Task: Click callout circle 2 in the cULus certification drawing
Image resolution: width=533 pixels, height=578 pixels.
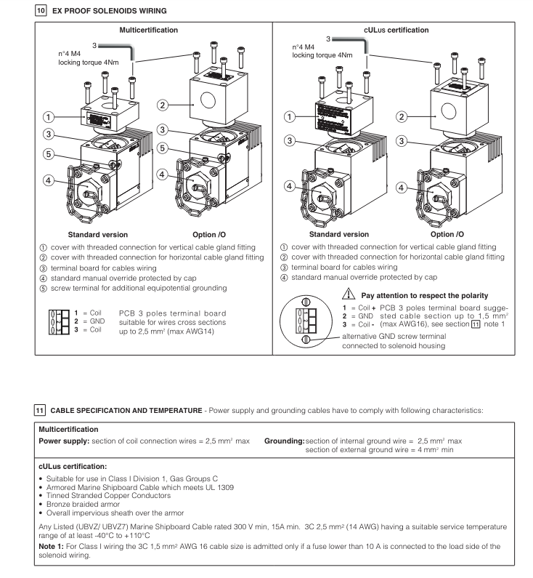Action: tap(403, 116)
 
